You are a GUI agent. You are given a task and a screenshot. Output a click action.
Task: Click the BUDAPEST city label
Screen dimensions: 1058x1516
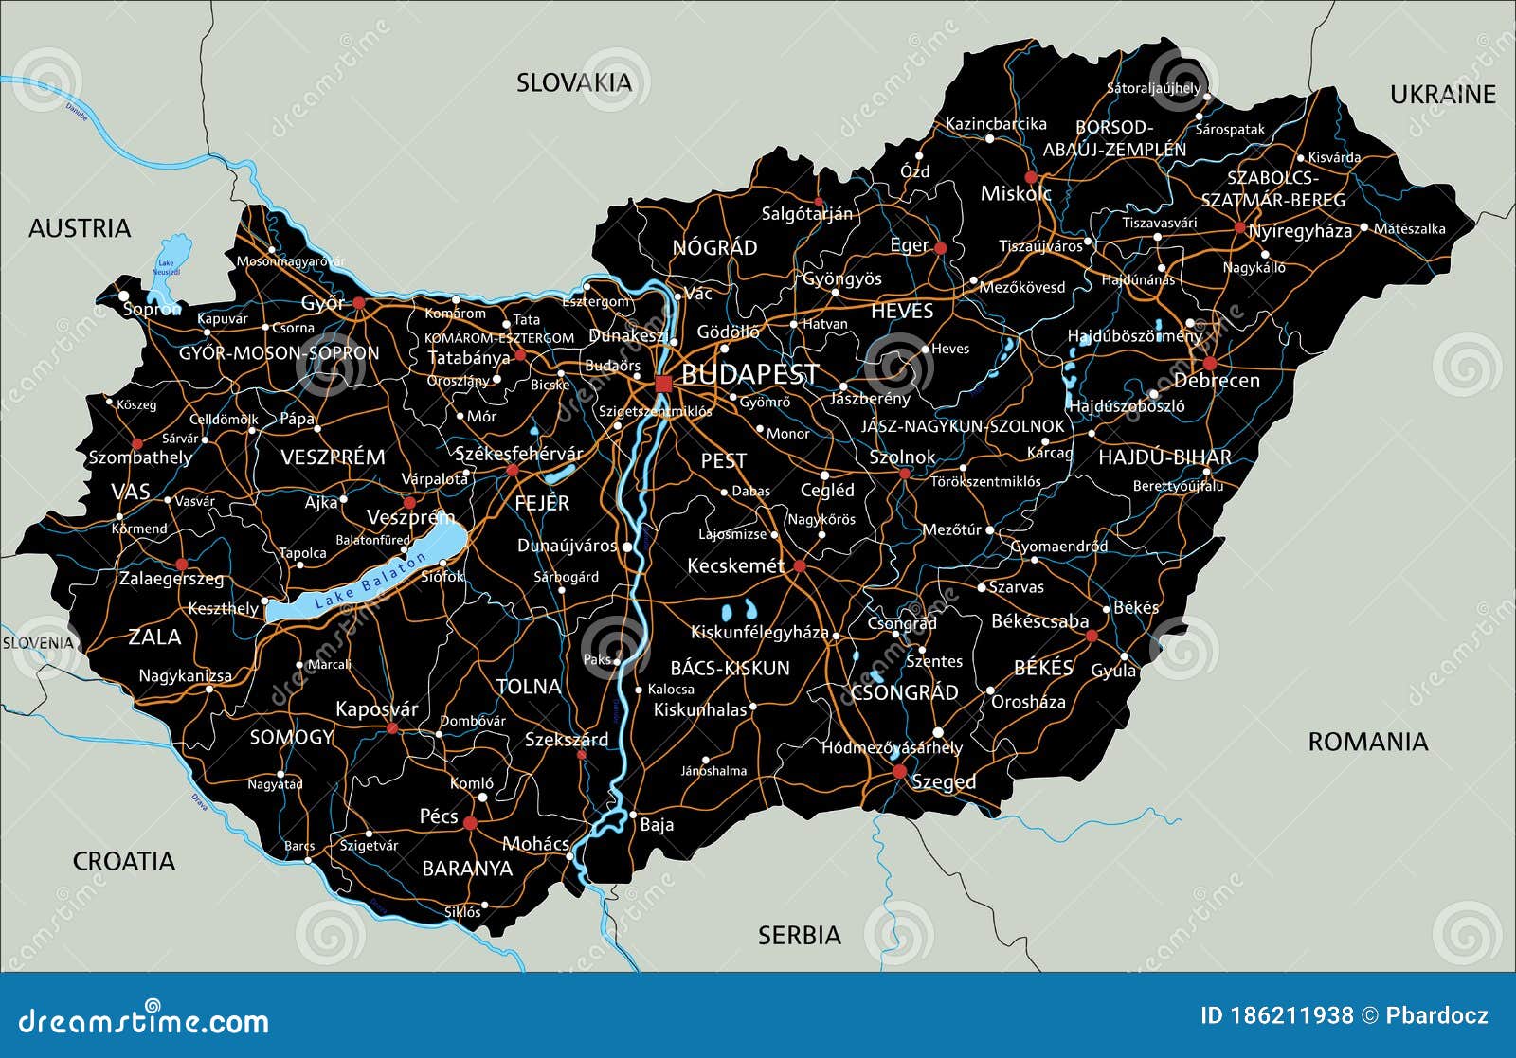(x=749, y=374)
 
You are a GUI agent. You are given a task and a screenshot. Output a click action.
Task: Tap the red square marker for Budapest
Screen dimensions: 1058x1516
(x=663, y=383)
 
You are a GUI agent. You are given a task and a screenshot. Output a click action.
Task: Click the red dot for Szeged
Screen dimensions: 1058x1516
(x=899, y=773)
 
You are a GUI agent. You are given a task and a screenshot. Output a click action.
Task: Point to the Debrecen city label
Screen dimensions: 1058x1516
(x=1217, y=381)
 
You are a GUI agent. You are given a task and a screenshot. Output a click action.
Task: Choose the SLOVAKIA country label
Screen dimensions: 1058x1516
(x=573, y=83)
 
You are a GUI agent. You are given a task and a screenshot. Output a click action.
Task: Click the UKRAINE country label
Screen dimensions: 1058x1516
(x=1442, y=95)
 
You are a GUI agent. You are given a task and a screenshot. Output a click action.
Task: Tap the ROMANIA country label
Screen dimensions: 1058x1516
(x=1367, y=742)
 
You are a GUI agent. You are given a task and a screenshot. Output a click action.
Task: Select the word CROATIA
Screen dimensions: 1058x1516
(x=124, y=861)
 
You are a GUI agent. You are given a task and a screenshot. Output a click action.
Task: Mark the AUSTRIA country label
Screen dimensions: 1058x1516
(x=80, y=228)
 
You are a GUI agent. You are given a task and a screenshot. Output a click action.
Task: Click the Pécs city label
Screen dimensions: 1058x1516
(x=439, y=816)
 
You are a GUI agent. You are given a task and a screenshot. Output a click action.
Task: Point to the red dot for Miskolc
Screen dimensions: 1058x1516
(x=1031, y=177)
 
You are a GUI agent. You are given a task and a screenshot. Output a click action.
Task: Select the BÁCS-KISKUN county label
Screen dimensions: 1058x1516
(x=730, y=668)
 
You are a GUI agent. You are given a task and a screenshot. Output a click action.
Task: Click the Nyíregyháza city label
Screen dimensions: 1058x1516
(x=1300, y=231)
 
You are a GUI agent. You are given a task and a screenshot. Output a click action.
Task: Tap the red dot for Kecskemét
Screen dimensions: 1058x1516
(x=800, y=566)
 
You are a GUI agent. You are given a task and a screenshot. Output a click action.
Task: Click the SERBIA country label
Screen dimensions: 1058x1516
(x=799, y=936)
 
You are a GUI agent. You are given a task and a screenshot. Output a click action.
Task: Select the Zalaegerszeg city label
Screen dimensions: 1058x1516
(x=171, y=578)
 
